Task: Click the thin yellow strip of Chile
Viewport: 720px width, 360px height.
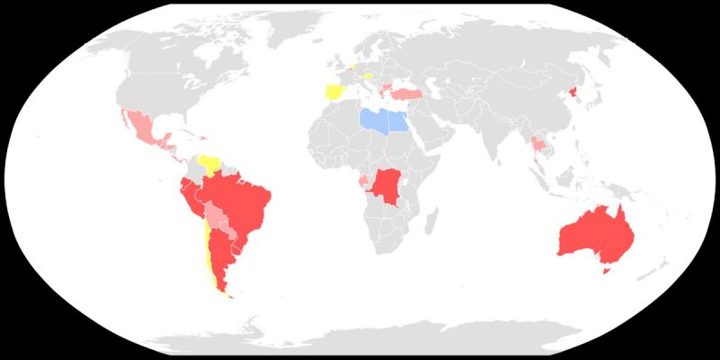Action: click(x=210, y=261)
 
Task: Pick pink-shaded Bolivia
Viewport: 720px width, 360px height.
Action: click(x=216, y=217)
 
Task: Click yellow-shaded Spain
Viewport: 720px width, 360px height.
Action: click(x=333, y=93)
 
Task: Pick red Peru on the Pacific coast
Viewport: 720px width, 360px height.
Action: click(x=192, y=202)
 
